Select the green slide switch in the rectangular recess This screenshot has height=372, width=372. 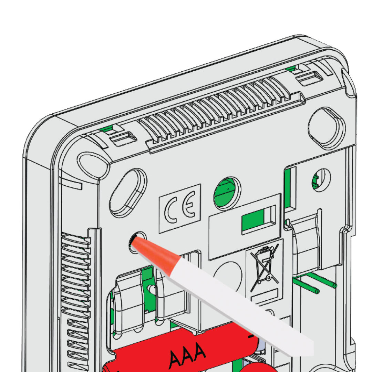[x=253, y=220]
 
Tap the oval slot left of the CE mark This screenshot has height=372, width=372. [x=128, y=193]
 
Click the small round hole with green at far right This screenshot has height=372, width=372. [x=321, y=180]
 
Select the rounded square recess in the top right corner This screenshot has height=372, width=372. [x=327, y=128]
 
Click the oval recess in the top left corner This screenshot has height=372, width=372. [x=93, y=165]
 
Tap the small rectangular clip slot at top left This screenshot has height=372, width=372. [x=124, y=138]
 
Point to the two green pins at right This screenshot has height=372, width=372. [x=314, y=282]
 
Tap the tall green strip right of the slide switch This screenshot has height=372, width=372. [x=288, y=188]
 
